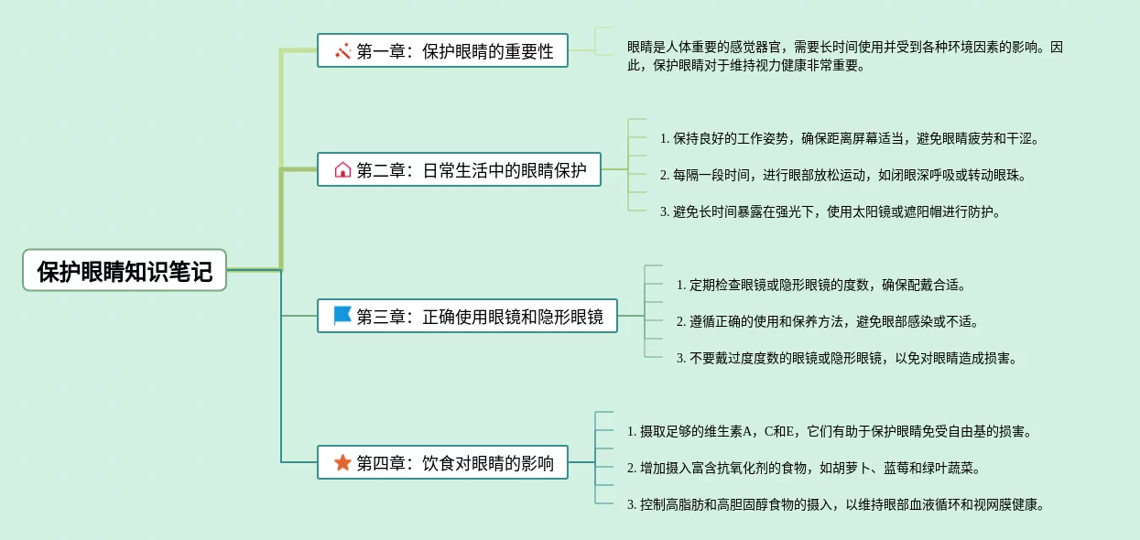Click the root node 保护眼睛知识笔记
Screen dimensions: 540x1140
click(x=125, y=271)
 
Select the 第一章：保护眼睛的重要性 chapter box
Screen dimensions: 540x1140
click(x=442, y=51)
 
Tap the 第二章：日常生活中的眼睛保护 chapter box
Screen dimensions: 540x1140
click(x=459, y=169)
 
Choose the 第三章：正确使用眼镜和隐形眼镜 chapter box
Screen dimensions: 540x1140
click(x=467, y=316)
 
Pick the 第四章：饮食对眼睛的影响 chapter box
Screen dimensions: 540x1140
click(x=442, y=462)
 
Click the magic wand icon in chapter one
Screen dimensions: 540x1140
click(x=342, y=51)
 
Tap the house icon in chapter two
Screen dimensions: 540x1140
click(x=342, y=169)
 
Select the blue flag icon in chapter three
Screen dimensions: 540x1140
click(x=342, y=316)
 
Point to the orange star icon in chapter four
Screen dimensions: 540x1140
click(x=342, y=462)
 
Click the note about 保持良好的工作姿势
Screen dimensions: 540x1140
click(x=850, y=138)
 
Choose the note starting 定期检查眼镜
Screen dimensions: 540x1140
click(x=820, y=285)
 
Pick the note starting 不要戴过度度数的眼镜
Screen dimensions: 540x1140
click(x=846, y=358)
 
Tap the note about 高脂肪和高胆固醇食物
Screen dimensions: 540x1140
click(x=835, y=504)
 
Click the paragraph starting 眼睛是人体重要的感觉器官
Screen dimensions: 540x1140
click(x=845, y=56)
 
